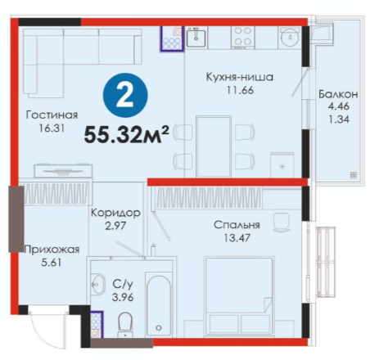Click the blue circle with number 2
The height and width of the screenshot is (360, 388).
[125, 96]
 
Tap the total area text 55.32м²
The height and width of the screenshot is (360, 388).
[127, 134]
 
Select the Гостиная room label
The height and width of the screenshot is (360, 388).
[52, 115]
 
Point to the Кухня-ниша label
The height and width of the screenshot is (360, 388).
[240, 77]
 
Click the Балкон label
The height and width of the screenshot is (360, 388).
[338, 94]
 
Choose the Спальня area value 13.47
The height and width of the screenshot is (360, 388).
[237, 238]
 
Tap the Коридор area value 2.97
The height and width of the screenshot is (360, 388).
[115, 226]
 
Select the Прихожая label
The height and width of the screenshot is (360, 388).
[52, 250]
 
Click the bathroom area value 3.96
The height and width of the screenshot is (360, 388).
[123, 297]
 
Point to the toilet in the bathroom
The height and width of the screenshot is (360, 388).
[125, 325]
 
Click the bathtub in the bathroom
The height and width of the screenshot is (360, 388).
[159, 304]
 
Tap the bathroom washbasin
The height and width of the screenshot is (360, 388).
[97, 284]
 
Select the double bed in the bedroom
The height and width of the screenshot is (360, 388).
[239, 297]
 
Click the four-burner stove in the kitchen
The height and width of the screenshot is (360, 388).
[243, 38]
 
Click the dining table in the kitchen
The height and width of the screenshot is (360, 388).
[214, 146]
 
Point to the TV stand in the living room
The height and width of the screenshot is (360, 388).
[63, 171]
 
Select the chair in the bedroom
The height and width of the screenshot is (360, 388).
[281, 223]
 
